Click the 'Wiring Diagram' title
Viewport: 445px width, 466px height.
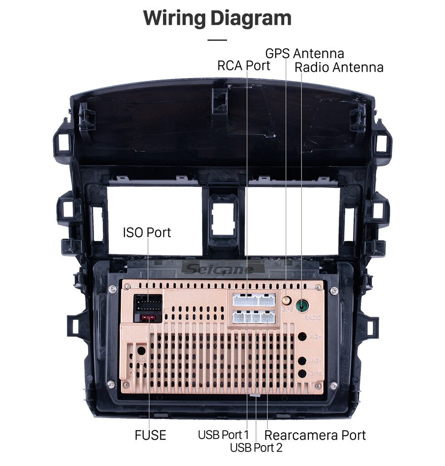pos(218,18)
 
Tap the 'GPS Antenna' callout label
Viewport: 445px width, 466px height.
pos(304,53)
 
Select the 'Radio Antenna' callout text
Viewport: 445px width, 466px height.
pos(339,67)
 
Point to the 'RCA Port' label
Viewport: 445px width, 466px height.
pos(243,65)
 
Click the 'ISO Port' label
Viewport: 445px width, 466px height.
pos(147,232)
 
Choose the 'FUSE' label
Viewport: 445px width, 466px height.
pos(150,435)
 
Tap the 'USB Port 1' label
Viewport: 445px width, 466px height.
pos(223,435)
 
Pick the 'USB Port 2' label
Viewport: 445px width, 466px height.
pos(256,448)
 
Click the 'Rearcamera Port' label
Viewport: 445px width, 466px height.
pos(315,435)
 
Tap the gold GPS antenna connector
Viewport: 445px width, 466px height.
pos(286,300)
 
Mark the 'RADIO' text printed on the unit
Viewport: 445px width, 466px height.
pos(312,318)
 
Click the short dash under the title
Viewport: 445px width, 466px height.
pos(217,40)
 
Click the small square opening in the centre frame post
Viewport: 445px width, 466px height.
pos(223,219)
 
